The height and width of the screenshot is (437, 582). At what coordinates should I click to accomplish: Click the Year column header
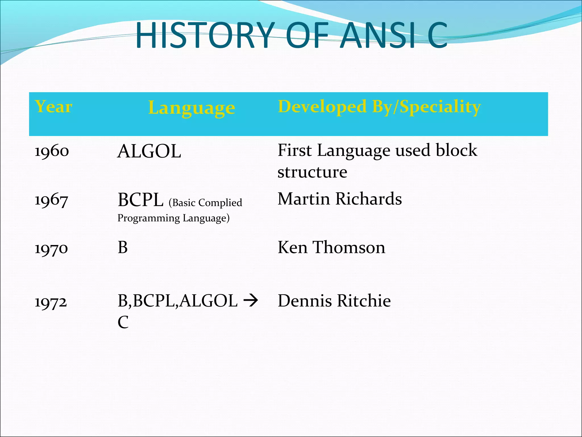53,107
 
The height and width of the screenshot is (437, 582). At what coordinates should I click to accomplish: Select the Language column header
192,108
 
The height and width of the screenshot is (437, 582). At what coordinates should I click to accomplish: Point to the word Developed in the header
322,107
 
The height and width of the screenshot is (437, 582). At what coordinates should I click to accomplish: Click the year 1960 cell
51,151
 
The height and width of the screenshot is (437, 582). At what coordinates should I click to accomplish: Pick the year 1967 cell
51,200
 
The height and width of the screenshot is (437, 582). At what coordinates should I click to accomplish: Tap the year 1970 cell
51,248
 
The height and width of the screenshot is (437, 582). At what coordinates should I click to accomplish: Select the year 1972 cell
51,302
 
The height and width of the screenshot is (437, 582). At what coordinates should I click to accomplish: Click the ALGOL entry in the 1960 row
149,151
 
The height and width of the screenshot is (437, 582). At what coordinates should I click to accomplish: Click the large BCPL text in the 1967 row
141,200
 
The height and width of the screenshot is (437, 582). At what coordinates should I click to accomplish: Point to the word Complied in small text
220,203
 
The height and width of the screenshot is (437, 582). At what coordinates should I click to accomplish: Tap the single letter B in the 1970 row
122,248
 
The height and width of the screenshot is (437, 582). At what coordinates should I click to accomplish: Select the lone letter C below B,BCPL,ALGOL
123,322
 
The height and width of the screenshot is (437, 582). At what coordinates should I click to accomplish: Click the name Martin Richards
340,199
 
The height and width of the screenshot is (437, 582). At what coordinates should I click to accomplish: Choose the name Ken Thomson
331,247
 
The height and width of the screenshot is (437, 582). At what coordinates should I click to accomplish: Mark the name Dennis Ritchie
334,301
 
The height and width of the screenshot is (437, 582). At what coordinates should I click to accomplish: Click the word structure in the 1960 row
312,172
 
